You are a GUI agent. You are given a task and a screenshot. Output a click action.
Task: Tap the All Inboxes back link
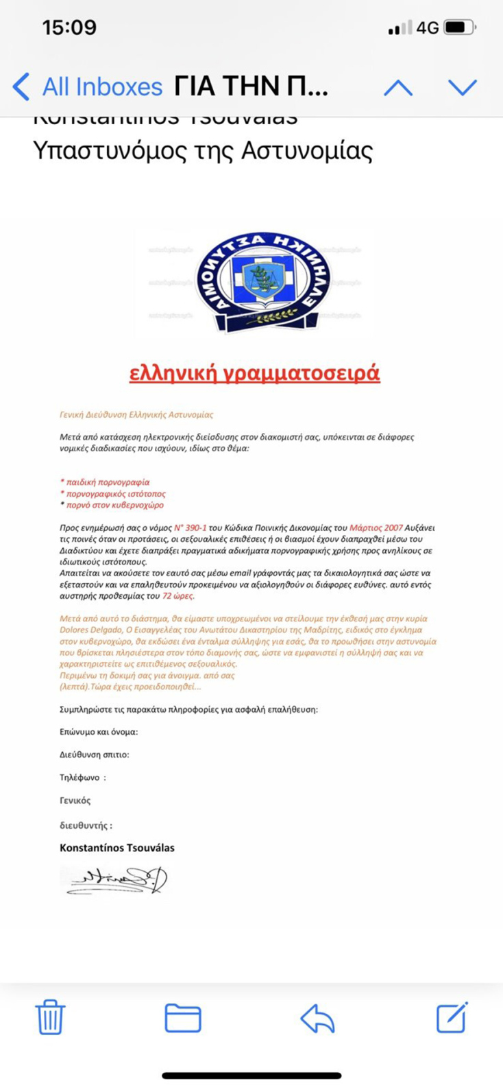(x=88, y=87)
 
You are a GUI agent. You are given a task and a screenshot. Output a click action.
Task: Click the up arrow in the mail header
(x=397, y=87)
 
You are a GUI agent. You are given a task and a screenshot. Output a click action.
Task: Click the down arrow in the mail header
(x=463, y=87)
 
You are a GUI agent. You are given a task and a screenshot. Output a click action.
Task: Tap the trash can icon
(x=50, y=1017)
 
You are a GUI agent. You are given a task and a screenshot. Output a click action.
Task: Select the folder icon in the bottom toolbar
(x=183, y=1017)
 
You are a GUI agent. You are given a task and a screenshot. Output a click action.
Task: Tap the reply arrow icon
(x=317, y=1018)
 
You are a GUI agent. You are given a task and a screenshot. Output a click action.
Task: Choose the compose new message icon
(x=452, y=1017)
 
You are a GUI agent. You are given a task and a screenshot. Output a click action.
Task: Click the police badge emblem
(x=263, y=282)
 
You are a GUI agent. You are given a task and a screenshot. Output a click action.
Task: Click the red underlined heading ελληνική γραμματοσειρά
(x=254, y=372)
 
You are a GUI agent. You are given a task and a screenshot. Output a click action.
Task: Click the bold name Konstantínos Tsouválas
(x=117, y=848)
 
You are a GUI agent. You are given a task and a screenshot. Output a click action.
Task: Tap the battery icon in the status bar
(x=459, y=28)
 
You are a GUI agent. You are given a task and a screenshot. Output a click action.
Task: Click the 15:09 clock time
(x=69, y=27)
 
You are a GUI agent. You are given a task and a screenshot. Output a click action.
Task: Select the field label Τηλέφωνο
(x=81, y=778)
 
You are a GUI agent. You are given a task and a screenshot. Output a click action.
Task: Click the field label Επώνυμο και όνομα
(x=99, y=732)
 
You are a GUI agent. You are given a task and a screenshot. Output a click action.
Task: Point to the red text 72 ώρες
(x=178, y=596)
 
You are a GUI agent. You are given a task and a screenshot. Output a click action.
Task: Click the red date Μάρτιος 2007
(x=376, y=528)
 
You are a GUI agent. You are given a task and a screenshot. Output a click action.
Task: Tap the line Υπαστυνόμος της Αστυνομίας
(x=203, y=151)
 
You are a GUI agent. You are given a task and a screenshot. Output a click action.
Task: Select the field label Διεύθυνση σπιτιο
(x=95, y=755)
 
